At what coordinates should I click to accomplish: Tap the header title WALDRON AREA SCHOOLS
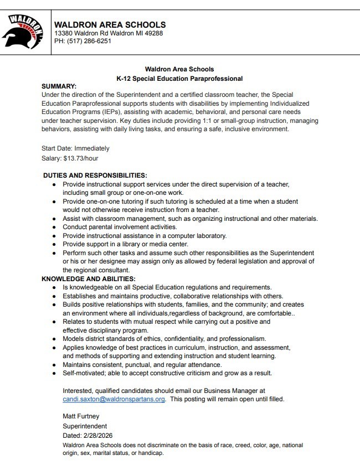click(x=110, y=24)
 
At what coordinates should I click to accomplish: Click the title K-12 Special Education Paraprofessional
click(x=179, y=79)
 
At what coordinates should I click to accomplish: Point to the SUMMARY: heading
click(x=59, y=86)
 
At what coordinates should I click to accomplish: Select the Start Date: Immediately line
click(x=75, y=148)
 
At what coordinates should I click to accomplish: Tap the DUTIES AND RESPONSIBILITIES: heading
click(x=95, y=175)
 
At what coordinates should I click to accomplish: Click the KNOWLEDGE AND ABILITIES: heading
click(x=89, y=279)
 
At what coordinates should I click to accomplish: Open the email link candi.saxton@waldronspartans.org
click(x=114, y=399)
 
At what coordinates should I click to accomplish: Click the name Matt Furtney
click(x=81, y=416)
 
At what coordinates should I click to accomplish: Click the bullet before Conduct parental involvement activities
click(x=54, y=227)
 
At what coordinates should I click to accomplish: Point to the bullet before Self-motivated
click(x=54, y=373)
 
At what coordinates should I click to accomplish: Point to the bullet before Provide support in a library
click(x=54, y=244)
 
